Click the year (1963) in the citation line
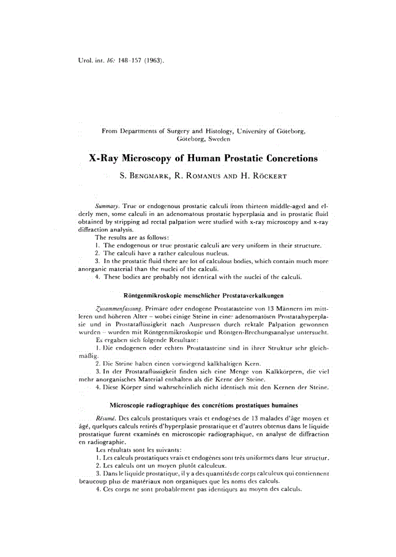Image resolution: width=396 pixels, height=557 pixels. coord(153,61)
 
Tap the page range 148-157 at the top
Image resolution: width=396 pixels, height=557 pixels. coord(126,61)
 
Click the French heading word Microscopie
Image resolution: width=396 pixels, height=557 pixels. coord(130,405)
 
